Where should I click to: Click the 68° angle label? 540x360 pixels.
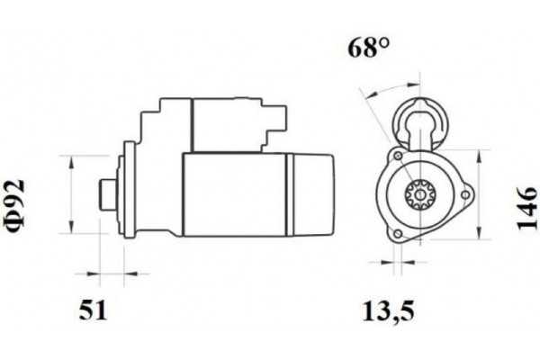(x=368, y=48)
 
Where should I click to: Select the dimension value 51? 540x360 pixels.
(x=94, y=311)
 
